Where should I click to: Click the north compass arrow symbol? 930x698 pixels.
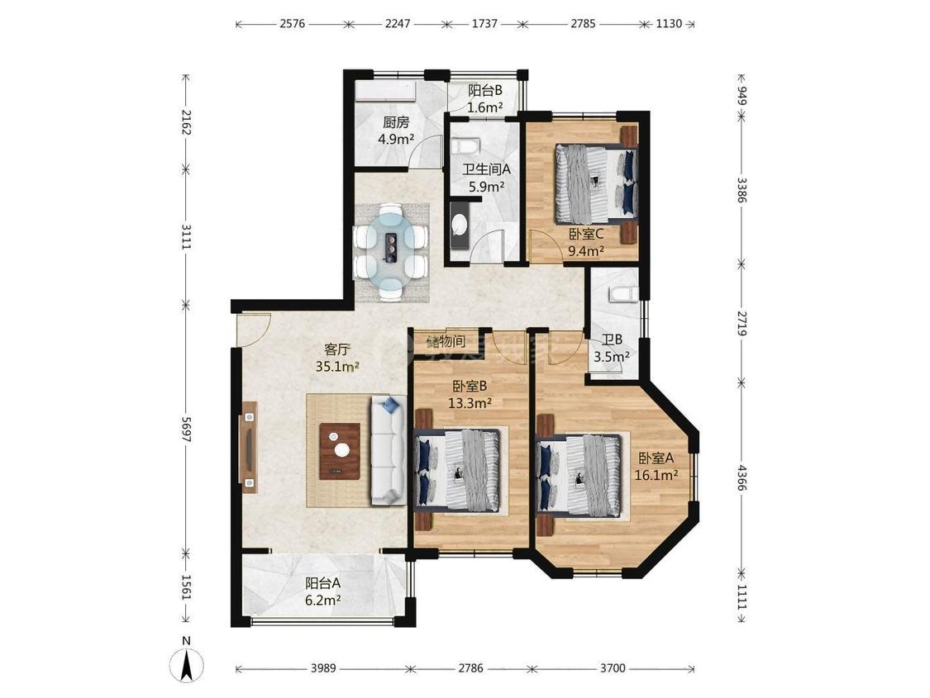pos(186,663)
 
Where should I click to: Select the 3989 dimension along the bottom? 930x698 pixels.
pos(323,668)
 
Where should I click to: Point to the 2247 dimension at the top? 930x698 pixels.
pos(398,24)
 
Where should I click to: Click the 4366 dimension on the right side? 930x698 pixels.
pos(742,477)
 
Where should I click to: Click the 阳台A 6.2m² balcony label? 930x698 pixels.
pos(323,591)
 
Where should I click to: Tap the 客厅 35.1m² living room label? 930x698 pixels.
pos(337,358)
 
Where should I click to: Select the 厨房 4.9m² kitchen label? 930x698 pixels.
pos(396,131)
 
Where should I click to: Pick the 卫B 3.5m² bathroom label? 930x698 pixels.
pos(612,349)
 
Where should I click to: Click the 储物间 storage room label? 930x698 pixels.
pos(446,341)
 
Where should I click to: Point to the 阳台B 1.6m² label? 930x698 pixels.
pos(485,99)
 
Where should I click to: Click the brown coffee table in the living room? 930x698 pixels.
pos(341,451)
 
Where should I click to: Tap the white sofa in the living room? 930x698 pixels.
pos(389,452)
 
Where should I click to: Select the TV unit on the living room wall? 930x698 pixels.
pos(249,448)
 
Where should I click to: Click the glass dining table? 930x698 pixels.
pos(392,251)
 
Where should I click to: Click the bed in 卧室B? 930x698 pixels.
pos(457,471)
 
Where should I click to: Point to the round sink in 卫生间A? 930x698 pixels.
pos(459,225)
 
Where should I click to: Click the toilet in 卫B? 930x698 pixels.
pos(622,293)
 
